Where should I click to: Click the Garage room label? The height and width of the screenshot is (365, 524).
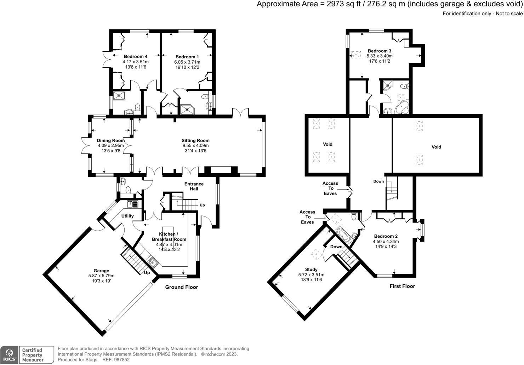tap(101, 271)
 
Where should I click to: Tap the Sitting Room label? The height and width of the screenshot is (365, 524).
tap(195, 140)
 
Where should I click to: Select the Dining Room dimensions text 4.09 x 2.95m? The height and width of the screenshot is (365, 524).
tap(110, 145)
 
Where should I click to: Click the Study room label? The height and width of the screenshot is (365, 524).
tap(311, 270)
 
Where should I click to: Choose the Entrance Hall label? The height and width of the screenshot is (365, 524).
tap(194, 186)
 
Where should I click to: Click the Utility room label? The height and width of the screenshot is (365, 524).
tap(127, 216)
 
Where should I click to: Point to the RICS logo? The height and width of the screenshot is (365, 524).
tap(10, 354)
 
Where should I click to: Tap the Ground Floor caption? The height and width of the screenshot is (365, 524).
tap(182, 287)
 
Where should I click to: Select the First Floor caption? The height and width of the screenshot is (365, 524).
tap(402, 286)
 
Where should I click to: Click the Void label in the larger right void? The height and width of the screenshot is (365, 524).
tap(436, 147)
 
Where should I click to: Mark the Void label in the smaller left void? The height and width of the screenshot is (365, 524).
tap(327, 144)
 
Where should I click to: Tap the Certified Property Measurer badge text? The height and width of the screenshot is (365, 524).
tap(32, 355)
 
